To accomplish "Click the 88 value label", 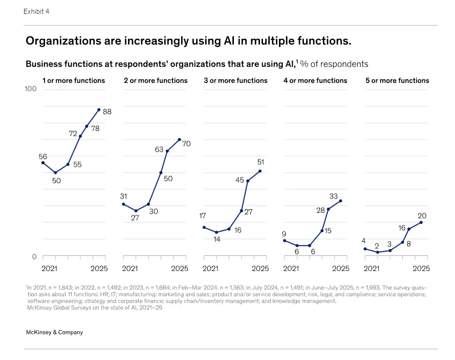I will point(107,111).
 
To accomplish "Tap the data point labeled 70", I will point(180,139).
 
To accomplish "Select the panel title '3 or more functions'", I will point(235,80).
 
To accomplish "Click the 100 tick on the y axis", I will point(30,89).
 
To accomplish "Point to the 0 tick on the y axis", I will point(34,257).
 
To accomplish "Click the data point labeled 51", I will point(260,171).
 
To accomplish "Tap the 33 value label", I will point(334,196).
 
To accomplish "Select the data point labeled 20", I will point(421,222).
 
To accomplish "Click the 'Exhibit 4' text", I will point(36,11).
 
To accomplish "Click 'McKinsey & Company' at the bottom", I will point(54,332).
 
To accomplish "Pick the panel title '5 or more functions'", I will point(397,80).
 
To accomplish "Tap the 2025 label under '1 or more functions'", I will point(99,268).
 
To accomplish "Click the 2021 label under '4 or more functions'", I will point(291,268).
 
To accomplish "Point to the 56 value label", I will point(43,156).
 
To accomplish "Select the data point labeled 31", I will point(123,204).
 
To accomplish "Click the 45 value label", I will point(240,180).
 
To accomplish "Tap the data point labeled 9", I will point(285,240).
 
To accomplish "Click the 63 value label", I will point(159,150).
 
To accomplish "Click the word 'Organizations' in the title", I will point(60,40).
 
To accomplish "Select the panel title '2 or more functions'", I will point(156,80).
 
